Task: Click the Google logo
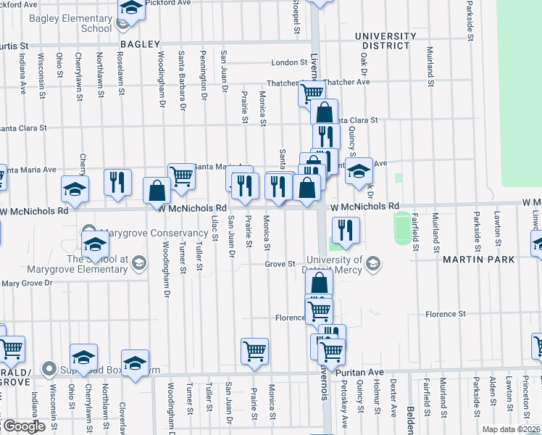[23, 426]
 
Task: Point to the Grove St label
[280, 264]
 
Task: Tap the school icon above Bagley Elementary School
[130, 8]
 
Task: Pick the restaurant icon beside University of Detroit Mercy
[346, 231]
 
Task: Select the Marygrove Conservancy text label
[154, 233]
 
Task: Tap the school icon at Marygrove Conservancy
[95, 245]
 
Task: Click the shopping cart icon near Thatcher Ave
[311, 94]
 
